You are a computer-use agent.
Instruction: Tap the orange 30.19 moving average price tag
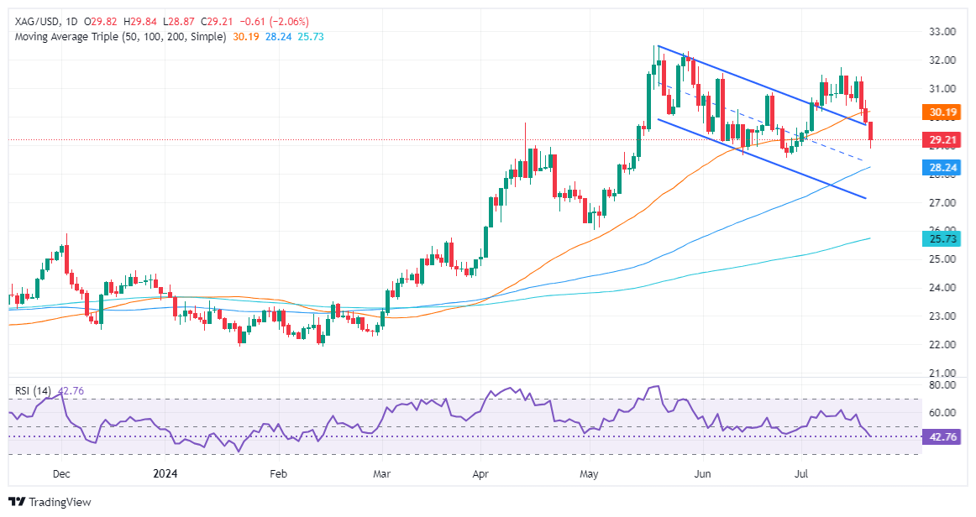coord(939,111)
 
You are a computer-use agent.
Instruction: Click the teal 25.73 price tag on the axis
coord(939,239)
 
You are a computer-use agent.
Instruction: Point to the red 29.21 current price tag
coord(939,139)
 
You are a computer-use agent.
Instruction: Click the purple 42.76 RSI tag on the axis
coord(939,437)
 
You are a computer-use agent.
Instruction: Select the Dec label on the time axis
coord(61,474)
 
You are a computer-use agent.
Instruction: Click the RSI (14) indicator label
coord(32,389)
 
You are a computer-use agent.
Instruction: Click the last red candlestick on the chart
coord(870,132)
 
